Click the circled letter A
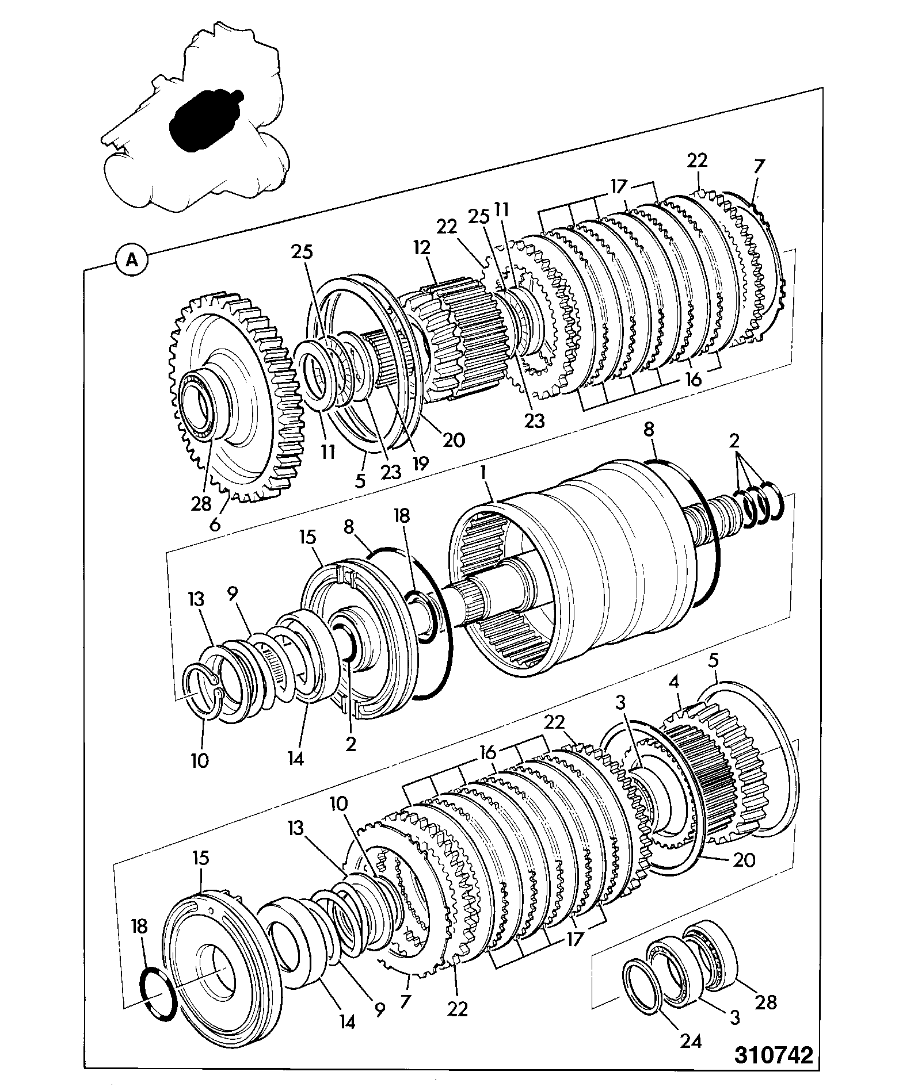click(x=132, y=260)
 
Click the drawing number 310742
click(x=773, y=1055)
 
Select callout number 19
click(x=421, y=463)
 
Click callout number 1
click(x=485, y=473)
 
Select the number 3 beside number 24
click(x=734, y=1016)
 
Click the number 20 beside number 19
click(x=453, y=440)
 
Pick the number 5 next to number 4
click(x=714, y=661)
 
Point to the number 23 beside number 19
click(x=391, y=471)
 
